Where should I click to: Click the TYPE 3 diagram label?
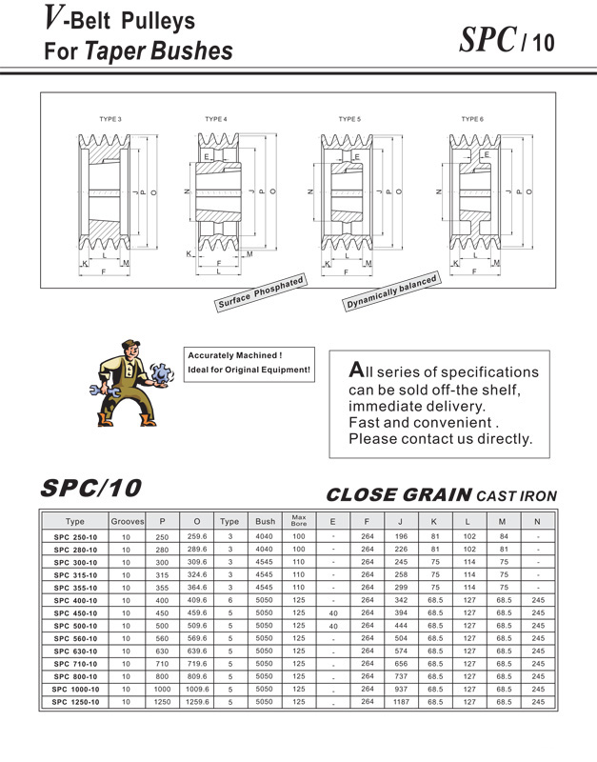point(110,119)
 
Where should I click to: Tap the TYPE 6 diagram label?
point(472,119)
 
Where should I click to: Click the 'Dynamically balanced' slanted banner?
point(391,292)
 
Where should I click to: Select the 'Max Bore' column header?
point(299,521)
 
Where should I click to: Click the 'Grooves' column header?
point(128,522)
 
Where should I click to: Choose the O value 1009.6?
point(196,689)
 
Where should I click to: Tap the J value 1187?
point(401,701)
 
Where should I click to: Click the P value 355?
point(162,588)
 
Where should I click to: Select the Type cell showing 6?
point(229,600)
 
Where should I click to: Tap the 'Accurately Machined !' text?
point(235,355)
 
